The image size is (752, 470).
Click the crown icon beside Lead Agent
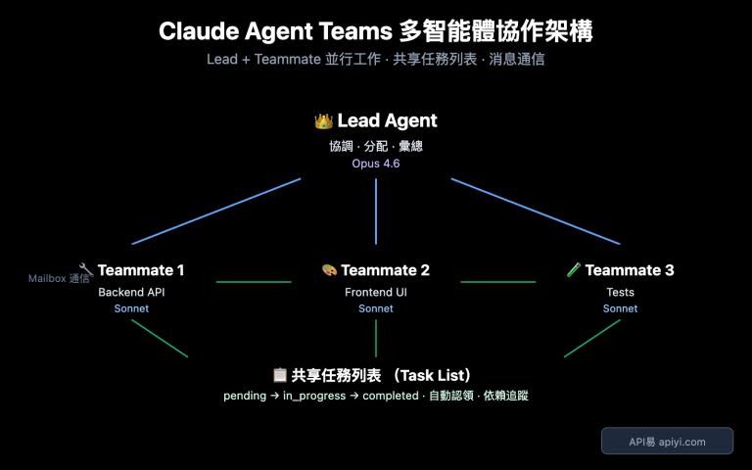pyautogui.click(x=323, y=121)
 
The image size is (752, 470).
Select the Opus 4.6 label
pyautogui.click(x=376, y=164)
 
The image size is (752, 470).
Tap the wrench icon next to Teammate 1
pyautogui.click(x=86, y=269)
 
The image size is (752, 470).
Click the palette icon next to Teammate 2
pyautogui.click(x=329, y=270)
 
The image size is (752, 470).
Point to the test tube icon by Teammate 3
pyautogui.click(x=574, y=269)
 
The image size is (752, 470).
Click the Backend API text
pyautogui.click(x=131, y=292)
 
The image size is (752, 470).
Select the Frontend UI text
pyautogui.click(x=376, y=292)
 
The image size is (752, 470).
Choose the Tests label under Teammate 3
pyautogui.click(x=620, y=292)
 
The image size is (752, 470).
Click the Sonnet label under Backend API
pyautogui.click(x=131, y=308)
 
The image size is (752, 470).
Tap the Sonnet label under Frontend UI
pyautogui.click(x=376, y=308)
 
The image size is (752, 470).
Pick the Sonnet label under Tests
pyautogui.click(x=620, y=308)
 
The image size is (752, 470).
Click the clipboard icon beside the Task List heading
pyautogui.click(x=280, y=375)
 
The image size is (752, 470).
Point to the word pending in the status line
pyautogui.click(x=244, y=396)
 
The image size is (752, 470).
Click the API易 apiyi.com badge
pyautogui.click(x=667, y=442)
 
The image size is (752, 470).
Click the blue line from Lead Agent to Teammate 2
pyautogui.click(x=376, y=211)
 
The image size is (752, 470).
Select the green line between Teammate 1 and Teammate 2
pyautogui.click(x=253, y=282)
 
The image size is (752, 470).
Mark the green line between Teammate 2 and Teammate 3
pyautogui.click(x=497, y=282)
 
